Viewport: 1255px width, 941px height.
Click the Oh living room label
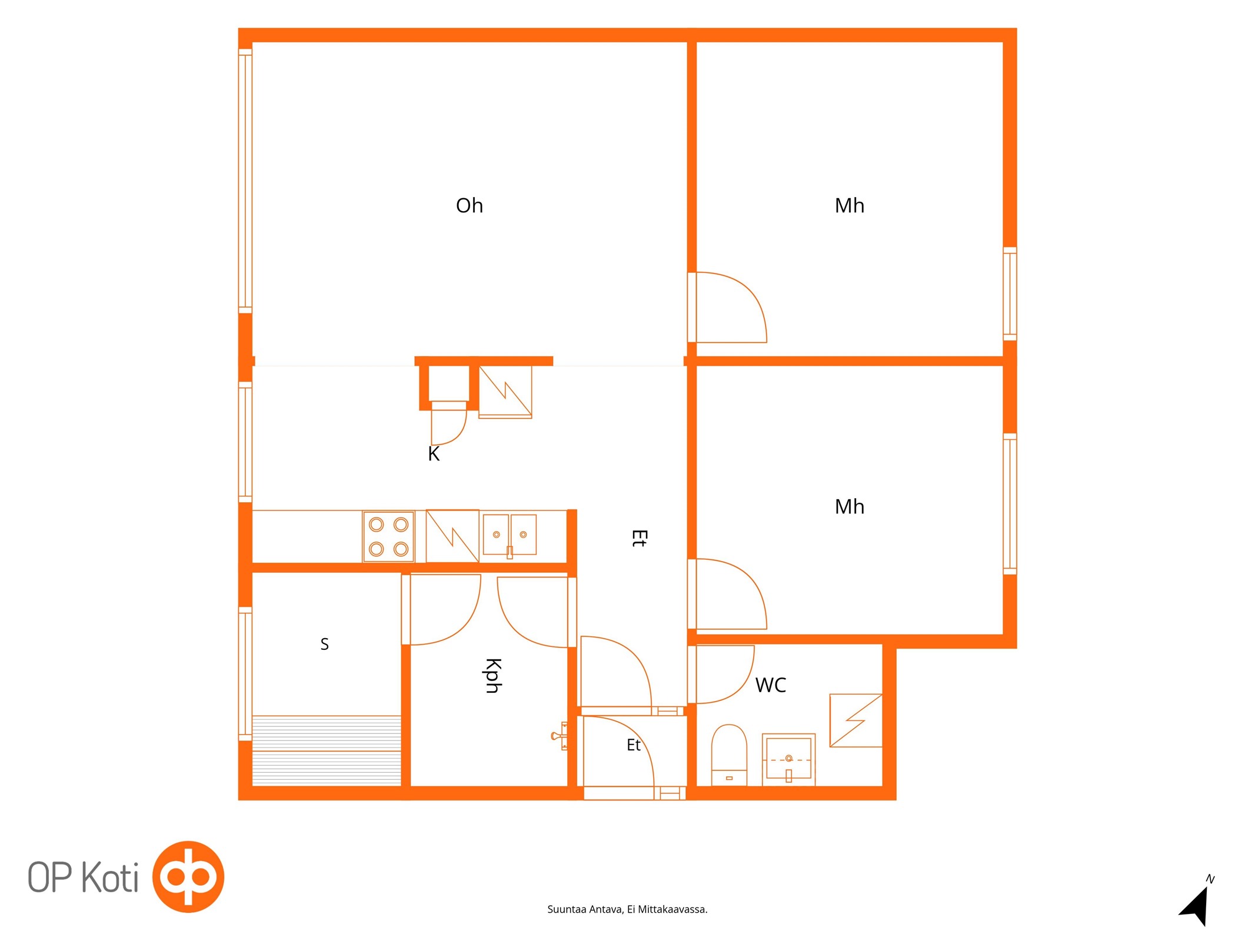click(469, 206)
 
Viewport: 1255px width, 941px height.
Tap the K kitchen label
click(434, 454)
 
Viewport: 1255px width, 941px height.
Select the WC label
click(770, 685)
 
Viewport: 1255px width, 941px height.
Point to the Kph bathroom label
click(493, 676)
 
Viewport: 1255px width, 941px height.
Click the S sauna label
click(324, 644)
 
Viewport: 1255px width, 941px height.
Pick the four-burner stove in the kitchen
click(388, 536)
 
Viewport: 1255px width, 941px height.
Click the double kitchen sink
click(510, 535)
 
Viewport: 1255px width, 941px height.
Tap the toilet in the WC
click(729, 756)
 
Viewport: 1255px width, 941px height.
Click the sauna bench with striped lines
click(327, 750)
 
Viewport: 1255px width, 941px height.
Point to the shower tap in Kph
click(560, 736)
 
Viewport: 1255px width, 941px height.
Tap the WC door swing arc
click(741, 685)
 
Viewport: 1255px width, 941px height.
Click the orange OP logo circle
click(188, 877)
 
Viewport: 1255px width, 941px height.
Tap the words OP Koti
click(83, 877)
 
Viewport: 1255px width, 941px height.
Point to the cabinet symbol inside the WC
click(856, 720)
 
